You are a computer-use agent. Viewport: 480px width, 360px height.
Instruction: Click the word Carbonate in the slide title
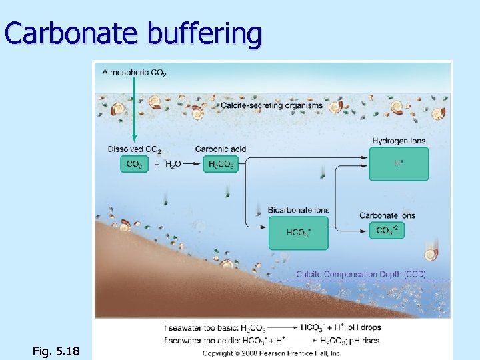[73, 33]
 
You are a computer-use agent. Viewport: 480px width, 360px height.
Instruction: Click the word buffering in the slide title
[204, 34]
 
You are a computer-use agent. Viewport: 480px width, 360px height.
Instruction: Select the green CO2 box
[134, 164]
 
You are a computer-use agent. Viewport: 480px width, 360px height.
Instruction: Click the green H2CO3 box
[221, 164]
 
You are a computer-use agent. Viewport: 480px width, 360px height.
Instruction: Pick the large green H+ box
[399, 164]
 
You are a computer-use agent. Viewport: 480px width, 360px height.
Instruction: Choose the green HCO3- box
[298, 233]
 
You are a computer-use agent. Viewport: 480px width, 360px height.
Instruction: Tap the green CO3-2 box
[386, 230]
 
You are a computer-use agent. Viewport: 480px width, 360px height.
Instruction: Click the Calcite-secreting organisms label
[271, 105]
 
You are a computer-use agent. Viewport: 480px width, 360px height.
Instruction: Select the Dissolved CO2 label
[134, 149]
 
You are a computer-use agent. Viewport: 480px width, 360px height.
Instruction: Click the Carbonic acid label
[221, 149]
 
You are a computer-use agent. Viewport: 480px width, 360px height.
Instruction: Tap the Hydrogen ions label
[399, 141]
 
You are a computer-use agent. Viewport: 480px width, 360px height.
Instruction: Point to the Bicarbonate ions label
[298, 210]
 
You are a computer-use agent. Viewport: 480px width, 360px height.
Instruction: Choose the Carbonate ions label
[387, 215]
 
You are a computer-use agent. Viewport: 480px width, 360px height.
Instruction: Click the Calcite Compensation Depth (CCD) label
[361, 274]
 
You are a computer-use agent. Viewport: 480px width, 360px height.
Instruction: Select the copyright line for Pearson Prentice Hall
[272, 352]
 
